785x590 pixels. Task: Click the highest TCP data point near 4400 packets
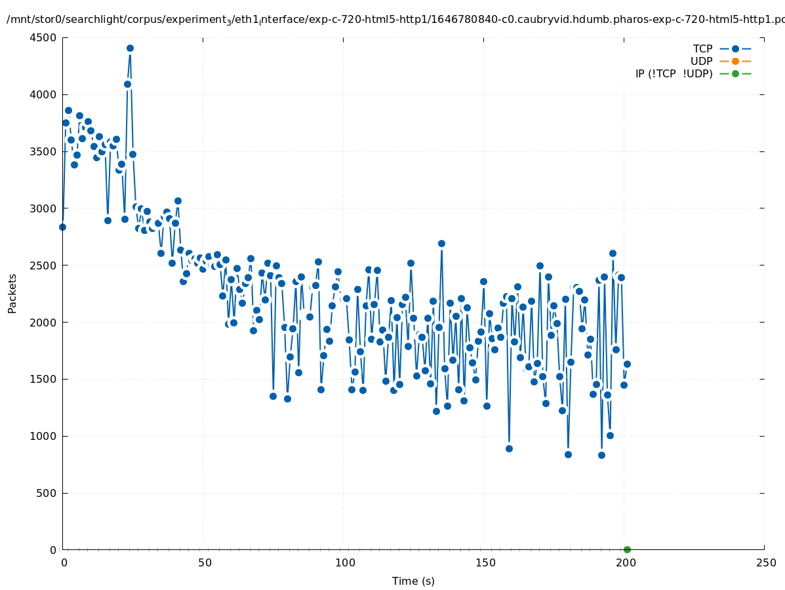tap(130, 48)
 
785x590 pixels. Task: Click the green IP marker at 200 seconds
tap(627, 549)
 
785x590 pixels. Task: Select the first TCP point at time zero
tap(62, 227)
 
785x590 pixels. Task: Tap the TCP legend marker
tap(735, 49)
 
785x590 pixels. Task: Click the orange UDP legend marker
tap(735, 61)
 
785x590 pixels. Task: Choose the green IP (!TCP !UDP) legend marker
tap(735, 73)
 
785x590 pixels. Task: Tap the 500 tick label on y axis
tap(47, 493)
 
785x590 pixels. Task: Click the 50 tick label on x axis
tap(205, 562)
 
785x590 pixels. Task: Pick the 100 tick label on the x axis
tap(345, 562)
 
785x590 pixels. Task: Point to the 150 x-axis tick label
tap(485, 562)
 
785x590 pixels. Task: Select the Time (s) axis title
tap(413, 581)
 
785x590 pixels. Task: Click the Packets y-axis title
tap(12, 293)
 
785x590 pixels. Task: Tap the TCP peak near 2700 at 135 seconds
tap(441, 243)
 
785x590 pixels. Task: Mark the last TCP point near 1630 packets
tap(627, 364)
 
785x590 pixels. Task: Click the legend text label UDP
tap(701, 61)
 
